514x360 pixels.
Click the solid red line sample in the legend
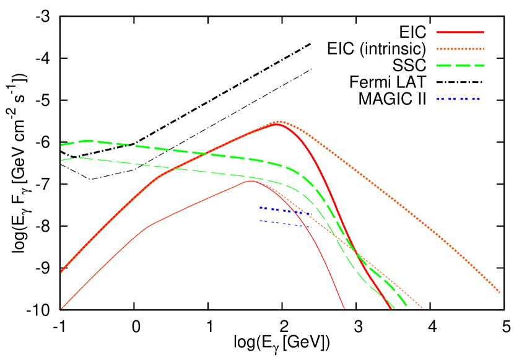pos(460,32)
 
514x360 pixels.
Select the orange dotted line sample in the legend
pos(460,48)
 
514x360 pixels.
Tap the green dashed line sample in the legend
pos(460,65)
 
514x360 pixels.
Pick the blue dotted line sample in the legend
pos(458,99)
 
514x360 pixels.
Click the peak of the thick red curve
pos(276,125)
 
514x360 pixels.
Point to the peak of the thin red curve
pos(250,181)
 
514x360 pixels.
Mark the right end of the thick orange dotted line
pos(499,292)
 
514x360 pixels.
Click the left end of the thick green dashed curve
pos(61,145)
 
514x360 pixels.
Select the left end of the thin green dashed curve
pos(61,160)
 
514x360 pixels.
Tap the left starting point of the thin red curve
pos(61,309)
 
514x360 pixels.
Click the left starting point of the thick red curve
pos(61,271)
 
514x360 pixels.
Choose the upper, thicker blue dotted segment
pos(285,211)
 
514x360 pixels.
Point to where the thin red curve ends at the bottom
pos(344,308)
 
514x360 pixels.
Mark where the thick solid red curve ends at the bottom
pos(392,308)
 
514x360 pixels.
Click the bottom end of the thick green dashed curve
pos(408,307)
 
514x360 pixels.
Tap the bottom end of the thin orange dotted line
pos(423,308)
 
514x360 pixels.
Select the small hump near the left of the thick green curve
pos(87,141)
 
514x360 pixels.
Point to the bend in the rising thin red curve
pos(149,224)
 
